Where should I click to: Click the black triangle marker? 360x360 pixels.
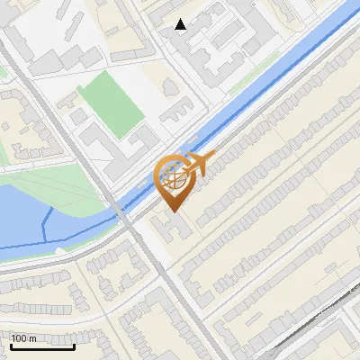point(181,24)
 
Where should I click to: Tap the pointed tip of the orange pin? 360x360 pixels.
point(172,212)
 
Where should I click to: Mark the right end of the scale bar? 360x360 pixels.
point(75,346)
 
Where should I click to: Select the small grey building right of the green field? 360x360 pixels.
point(171,87)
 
